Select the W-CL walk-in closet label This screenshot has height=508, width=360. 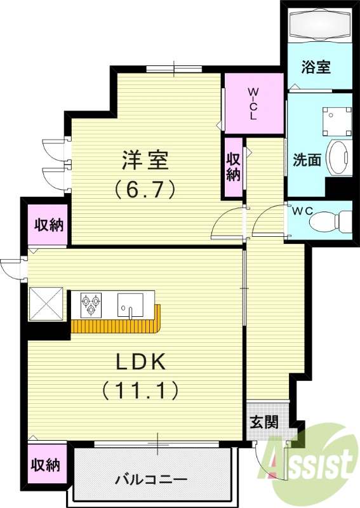coord(253,104)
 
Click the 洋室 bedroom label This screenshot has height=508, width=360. coord(145,161)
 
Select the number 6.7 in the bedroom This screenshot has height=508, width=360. coord(145,189)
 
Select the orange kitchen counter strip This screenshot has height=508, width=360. coord(117,325)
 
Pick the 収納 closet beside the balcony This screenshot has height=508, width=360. coord(46,465)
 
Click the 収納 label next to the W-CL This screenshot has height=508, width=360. coord(234,166)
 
